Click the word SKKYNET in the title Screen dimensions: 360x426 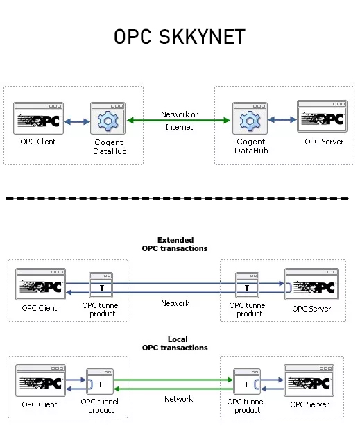coord(202,37)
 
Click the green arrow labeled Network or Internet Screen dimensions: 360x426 coord(178,120)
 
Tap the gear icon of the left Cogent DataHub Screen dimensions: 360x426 coord(108,121)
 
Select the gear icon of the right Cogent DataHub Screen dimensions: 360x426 coord(250,121)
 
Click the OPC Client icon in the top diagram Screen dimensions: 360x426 coord(38,118)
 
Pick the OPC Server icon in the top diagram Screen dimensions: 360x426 coord(323,117)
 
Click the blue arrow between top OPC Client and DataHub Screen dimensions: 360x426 coord(77,121)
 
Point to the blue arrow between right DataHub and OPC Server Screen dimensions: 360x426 coord(282,119)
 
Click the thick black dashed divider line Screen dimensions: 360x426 coord(177,198)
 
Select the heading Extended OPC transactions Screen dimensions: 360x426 coord(175,244)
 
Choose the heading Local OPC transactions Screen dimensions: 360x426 coord(175,343)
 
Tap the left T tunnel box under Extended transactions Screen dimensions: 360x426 coord(101,285)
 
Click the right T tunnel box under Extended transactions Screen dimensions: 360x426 coord(247,285)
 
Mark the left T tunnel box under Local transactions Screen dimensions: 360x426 coord(100,382)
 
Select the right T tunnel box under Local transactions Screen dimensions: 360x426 coord(247,382)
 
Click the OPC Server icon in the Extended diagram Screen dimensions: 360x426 coord(311,284)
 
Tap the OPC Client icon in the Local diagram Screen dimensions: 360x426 coord(40,381)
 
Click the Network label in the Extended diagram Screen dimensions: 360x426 coord(175,303)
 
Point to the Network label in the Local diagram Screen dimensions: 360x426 coord(178,399)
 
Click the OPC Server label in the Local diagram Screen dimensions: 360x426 coord(309,404)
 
